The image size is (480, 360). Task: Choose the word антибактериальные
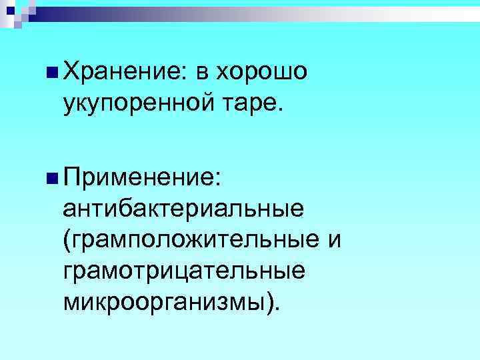tap(184, 210)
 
